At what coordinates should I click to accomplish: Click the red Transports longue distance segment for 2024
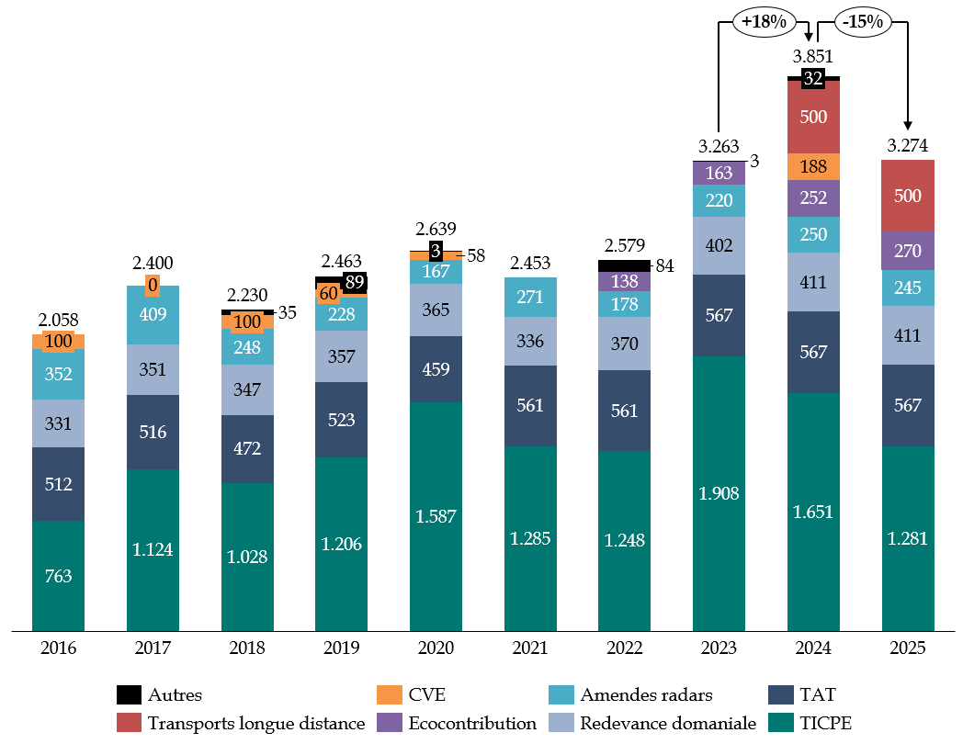(x=813, y=118)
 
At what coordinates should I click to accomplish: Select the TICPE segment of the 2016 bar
(x=58, y=576)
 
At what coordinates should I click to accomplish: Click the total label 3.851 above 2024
(x=812, y=57)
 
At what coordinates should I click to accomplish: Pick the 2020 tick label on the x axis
(x=436, y=648)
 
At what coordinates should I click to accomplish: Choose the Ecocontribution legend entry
(x=458, y=723)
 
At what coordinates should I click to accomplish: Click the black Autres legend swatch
(x=130, y=694)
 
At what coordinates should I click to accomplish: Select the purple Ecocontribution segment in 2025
(x=908, y=250)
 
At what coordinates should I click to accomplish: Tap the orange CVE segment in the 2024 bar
(x=813, y=166)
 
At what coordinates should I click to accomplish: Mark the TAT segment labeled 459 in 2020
(x=436, y=368)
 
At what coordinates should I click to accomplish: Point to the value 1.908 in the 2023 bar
(x=719, y=493)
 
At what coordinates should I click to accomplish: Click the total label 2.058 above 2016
(x=58, y=321)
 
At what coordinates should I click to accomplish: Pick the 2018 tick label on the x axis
(x=247, y=648)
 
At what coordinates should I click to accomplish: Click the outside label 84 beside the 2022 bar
(x=664, y=266)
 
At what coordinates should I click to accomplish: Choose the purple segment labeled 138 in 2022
(x=624, y=281)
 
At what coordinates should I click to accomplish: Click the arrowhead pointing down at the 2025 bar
(x=908, y=126)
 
